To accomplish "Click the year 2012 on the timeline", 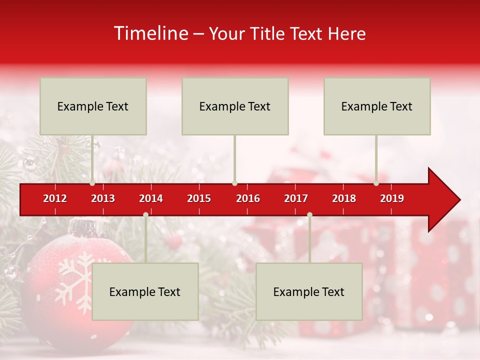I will tap(55, 198).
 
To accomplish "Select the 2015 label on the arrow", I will tap(199, 198).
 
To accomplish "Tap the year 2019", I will tap(392, 198).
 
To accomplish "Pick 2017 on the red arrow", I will tap(296, 198).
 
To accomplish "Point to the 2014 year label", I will tap(151, 198).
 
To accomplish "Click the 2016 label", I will tap(248, 198).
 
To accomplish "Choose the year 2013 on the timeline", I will tap(103, 198).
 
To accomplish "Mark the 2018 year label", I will tap(344, 198).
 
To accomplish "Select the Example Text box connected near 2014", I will tap(145, 291).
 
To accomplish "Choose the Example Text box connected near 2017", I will tap(309, 291).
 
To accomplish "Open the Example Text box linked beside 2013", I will tap(93, 106).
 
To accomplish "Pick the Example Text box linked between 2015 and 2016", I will tap(235, 106).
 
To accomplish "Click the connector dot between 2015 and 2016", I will tap(235, 183).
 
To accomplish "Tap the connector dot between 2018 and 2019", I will tap(376, 183).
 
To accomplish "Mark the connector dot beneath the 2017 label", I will tap(309, 215).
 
